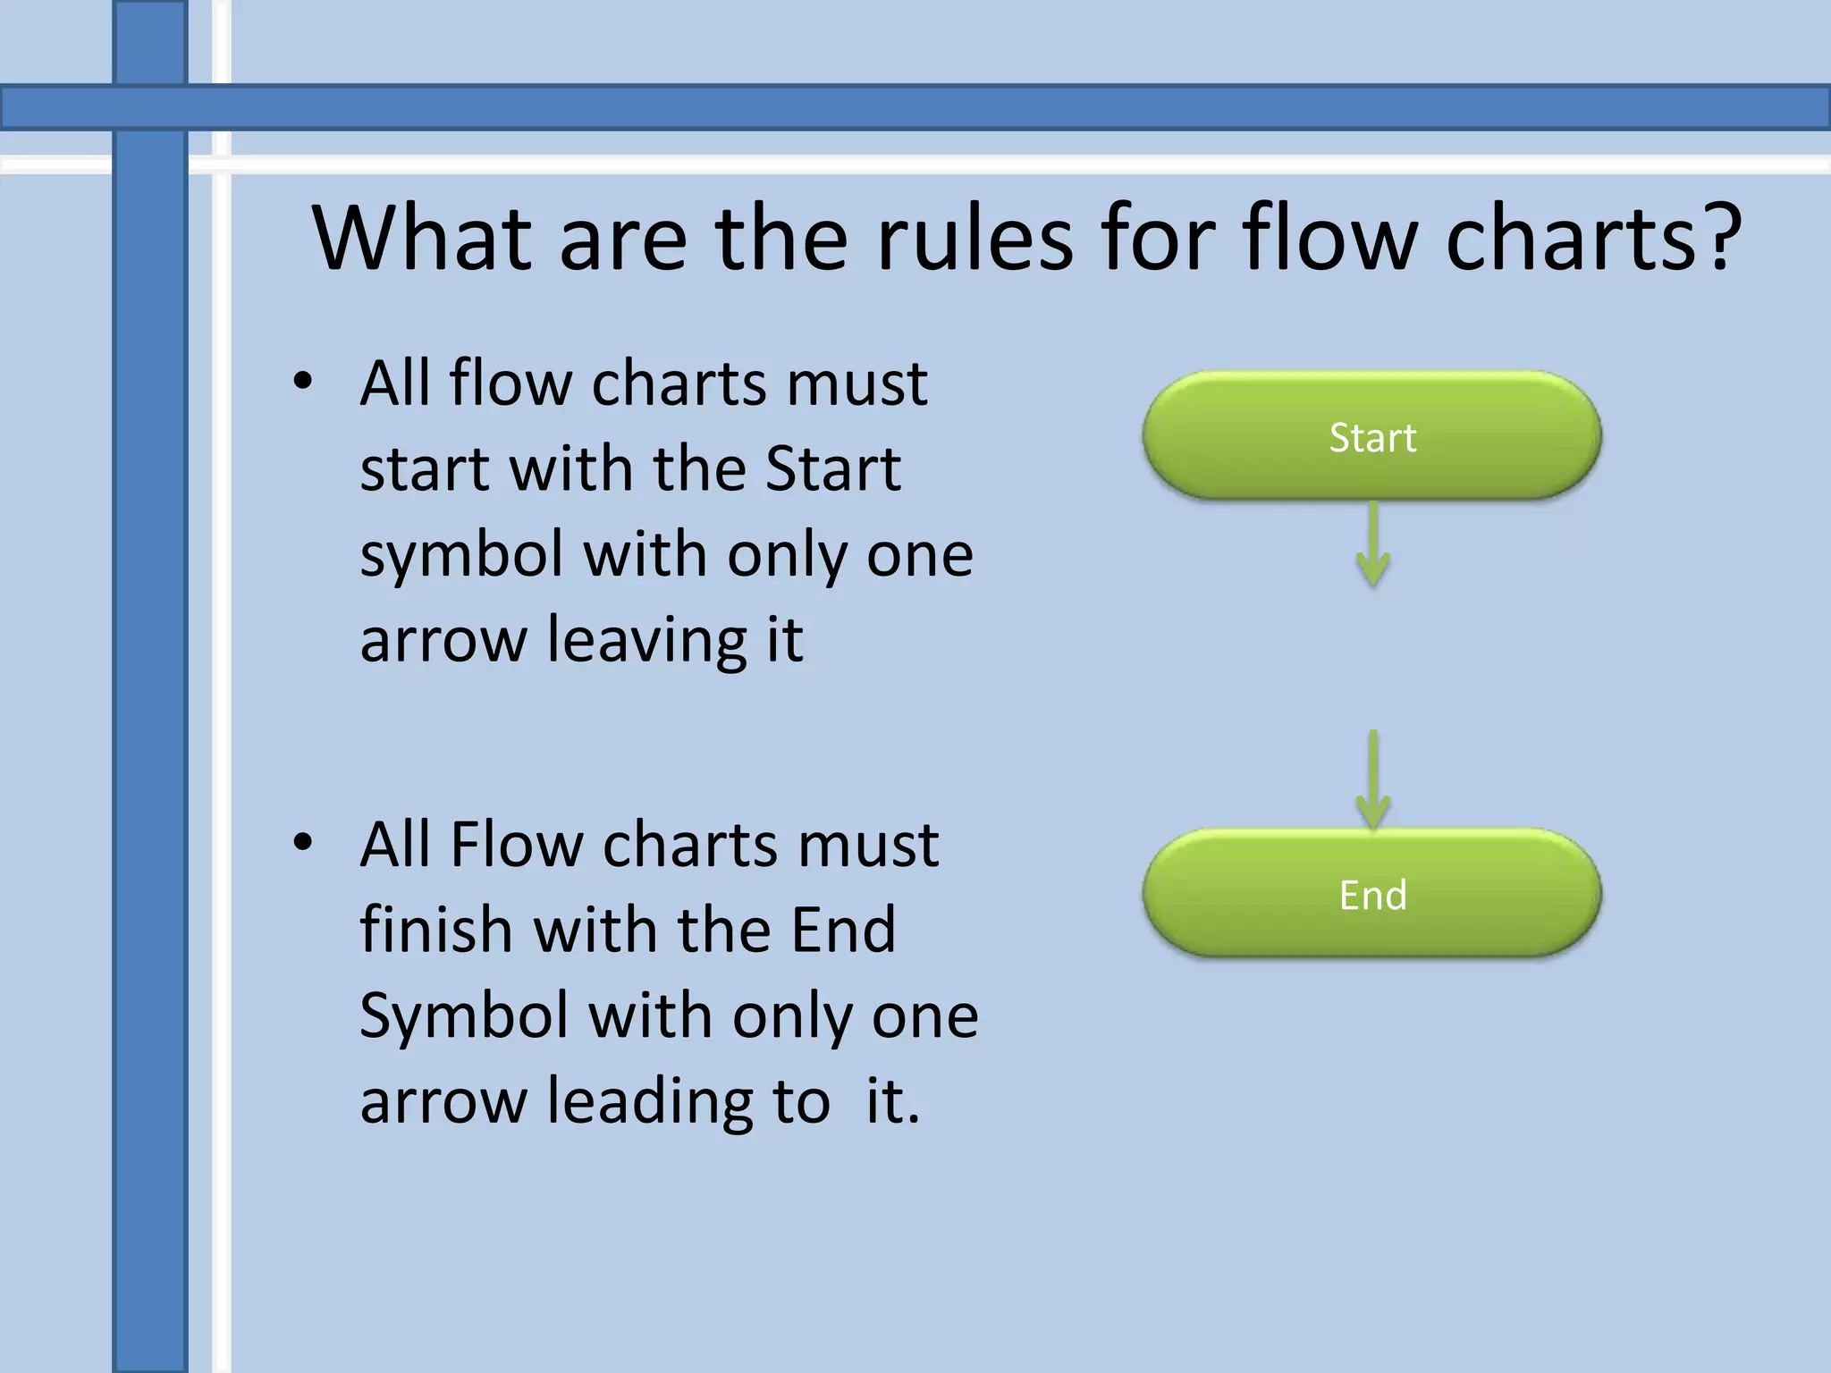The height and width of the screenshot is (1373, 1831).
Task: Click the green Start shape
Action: pos(1371,436)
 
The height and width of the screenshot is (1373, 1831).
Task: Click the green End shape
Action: pos(1371,893)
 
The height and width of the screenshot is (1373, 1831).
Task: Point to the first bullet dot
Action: pos(303,383)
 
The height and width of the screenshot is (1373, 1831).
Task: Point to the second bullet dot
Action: pos(303,843)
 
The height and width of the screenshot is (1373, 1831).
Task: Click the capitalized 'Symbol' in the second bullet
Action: pos(464,1016)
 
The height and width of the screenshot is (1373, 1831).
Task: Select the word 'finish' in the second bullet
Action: pos(435,930)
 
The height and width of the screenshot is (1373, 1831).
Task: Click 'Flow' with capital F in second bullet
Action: pos(516,845)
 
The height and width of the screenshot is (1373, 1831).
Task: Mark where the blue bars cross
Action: pos(150,107)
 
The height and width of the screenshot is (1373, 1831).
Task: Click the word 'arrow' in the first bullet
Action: pos(443,641)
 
